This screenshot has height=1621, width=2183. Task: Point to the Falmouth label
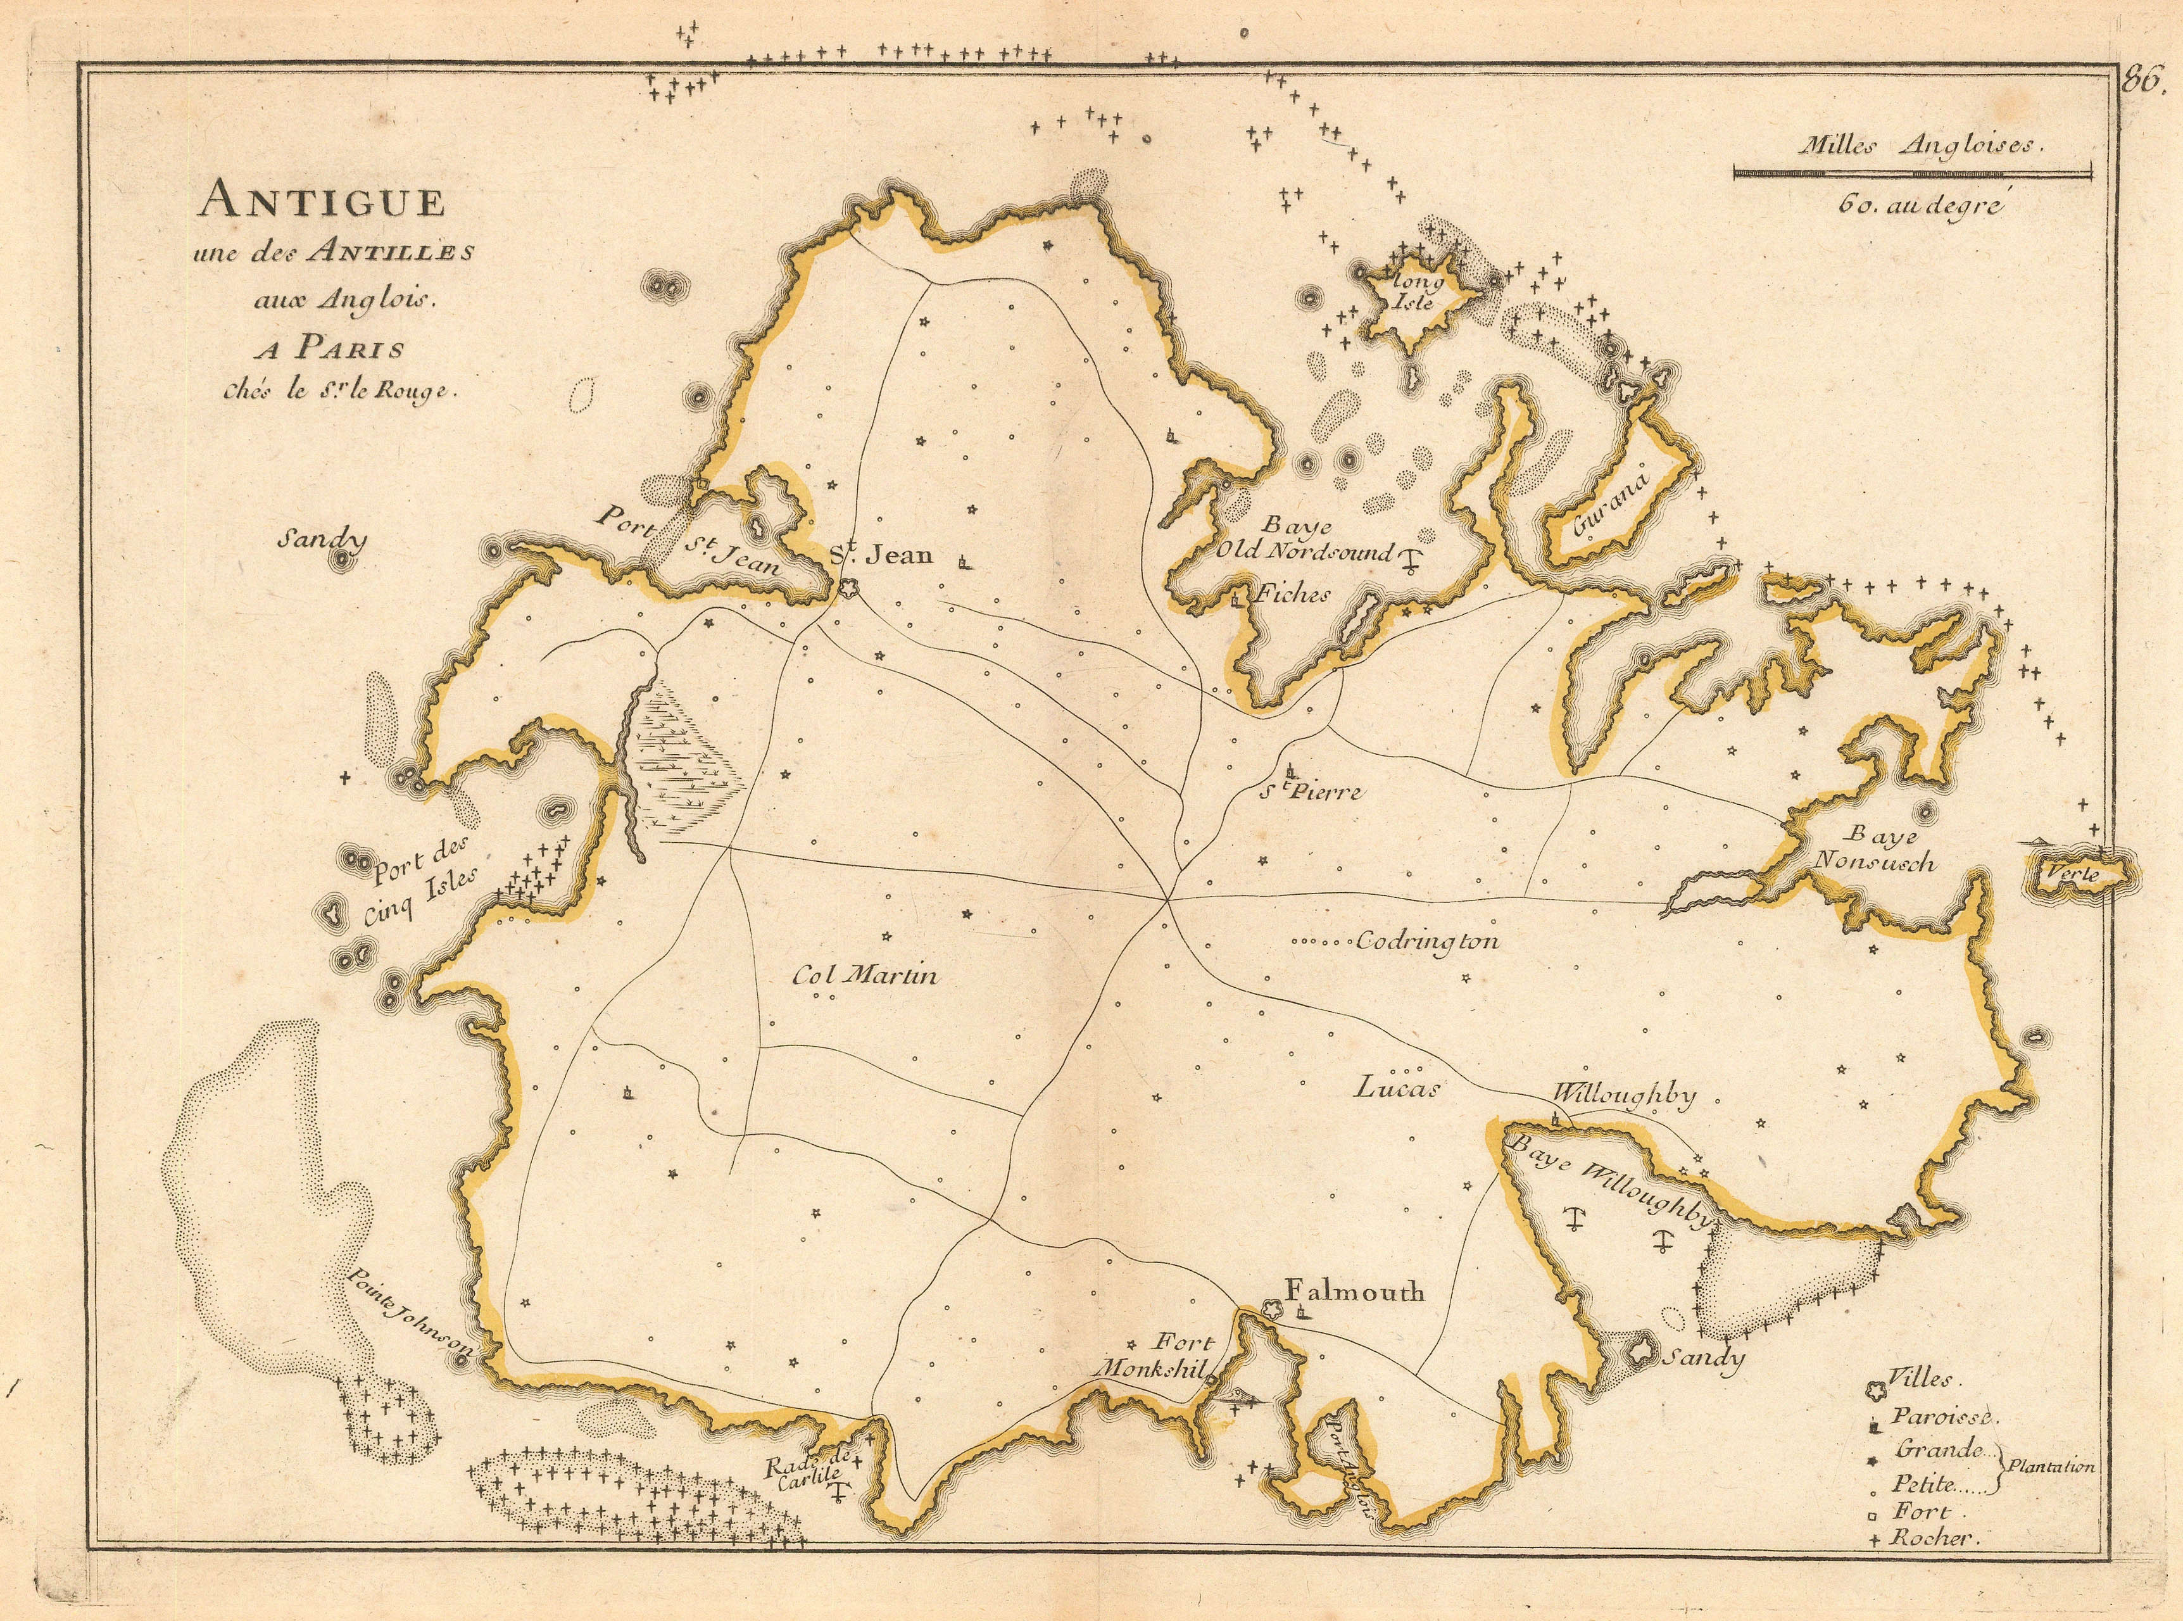(x=1354, y=1292)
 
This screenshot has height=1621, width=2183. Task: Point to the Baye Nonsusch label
(x=1874, y=848)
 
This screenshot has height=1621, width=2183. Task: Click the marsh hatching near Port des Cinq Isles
(x=687, y=755)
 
